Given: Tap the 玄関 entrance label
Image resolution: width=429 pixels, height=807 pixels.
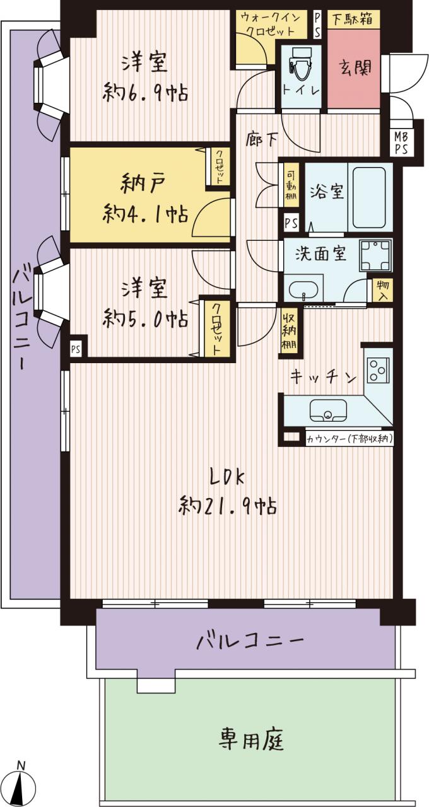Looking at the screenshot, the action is [355, 67].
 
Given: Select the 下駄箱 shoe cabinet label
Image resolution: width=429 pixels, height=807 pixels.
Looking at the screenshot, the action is [352, 19].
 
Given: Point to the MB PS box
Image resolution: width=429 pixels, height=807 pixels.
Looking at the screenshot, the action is [401, 142].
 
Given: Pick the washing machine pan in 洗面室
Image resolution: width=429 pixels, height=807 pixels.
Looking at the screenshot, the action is [375, 255].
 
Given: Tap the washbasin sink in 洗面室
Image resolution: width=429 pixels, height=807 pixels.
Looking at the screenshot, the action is [303, 289].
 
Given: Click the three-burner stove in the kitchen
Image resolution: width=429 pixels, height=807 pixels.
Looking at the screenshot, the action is [377, 369].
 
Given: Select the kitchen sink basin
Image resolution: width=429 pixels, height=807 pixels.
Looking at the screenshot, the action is [327, 410].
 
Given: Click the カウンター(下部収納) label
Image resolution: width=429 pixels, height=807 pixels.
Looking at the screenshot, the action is [349, 439].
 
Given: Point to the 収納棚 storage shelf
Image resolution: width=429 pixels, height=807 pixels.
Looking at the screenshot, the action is [289, 332].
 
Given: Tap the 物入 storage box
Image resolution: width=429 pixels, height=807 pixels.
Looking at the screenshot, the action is [382, 290].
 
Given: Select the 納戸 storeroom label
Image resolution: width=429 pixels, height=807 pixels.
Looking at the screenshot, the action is [144, 183].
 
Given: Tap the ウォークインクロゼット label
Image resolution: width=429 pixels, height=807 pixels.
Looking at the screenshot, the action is [271, 24].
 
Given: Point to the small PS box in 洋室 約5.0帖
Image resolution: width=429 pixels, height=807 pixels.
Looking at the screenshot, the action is [76, 349].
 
